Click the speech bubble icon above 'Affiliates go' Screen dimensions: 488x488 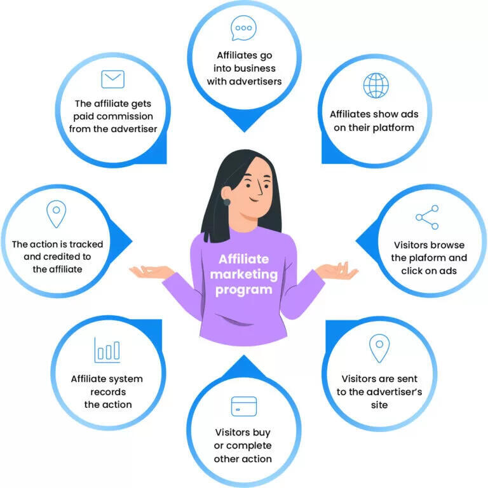243,28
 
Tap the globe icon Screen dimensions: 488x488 375,86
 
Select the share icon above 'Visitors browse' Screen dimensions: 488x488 428,217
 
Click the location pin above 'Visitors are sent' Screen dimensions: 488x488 379,348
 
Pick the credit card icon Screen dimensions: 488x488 244,406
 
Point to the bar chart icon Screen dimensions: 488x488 107,349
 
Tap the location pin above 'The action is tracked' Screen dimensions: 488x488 57,213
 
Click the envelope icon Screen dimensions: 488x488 113,79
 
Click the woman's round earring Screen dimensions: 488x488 226,202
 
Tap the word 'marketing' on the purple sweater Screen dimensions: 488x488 244,274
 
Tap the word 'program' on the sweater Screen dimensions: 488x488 243,290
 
